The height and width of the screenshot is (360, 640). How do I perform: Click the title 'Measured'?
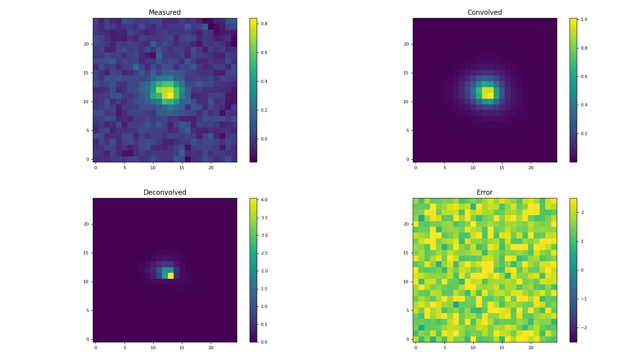(x=164, y=12)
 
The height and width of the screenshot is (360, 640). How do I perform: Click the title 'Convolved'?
(x=484, y=12)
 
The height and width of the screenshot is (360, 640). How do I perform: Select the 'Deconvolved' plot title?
(x=164, y=192)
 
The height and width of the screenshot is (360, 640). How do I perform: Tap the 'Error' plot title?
(x=484, y=192)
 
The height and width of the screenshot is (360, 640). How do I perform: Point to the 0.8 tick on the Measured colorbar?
(x=264, y=24)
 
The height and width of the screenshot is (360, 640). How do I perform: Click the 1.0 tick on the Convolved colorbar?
(x=584, y=19)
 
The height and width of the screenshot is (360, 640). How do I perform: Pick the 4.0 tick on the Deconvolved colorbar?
(x=264, y=200)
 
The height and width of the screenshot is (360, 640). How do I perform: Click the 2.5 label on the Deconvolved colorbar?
(x=264, y=253)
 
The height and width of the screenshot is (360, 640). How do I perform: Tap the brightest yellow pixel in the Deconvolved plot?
(x=171, y=276)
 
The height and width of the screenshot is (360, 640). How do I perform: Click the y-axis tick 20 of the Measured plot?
(x=86, y=44)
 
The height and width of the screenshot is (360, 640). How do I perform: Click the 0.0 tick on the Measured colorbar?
(x=264, y=139)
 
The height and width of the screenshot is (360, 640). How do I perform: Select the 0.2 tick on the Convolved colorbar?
(x=584, y=134)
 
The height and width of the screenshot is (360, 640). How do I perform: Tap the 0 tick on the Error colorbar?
(x=582, y=270)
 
